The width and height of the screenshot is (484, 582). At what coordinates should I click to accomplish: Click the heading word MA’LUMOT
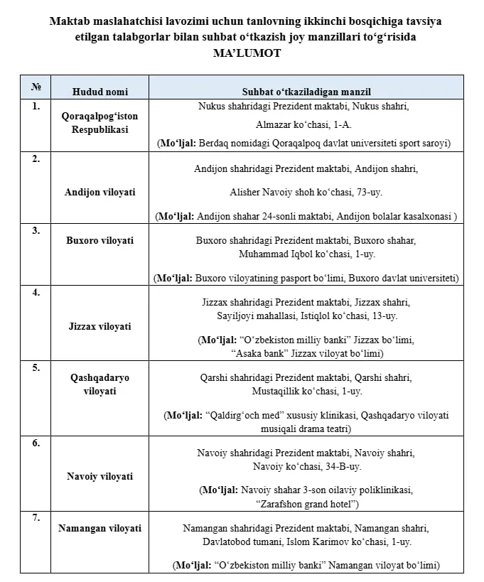coord(245,53)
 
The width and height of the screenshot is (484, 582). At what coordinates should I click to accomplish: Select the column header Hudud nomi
coord(100,92)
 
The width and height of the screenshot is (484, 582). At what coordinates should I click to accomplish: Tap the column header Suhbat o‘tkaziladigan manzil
coord(306,92)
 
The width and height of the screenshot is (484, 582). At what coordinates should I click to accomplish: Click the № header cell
coord(36,87)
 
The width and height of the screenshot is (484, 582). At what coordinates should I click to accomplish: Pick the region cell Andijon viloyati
coord(100,192)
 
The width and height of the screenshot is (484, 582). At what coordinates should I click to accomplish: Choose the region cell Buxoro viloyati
coord(100,240)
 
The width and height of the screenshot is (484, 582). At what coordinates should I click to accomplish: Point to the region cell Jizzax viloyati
coord(100,326)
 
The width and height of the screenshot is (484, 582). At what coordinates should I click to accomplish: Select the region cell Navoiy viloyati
coord(100,476)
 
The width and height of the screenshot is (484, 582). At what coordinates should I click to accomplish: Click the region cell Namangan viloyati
coord(100,528)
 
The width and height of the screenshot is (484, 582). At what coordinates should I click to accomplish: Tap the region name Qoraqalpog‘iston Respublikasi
coord(100,123)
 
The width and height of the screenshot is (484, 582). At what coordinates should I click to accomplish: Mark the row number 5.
coord(36,368)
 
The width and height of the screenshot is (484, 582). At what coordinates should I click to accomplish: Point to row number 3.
coord(36,231)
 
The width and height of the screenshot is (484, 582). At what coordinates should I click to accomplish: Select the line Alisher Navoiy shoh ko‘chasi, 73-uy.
coord(306,192)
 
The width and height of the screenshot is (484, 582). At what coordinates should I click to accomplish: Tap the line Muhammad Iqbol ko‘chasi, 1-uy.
coord(306,254)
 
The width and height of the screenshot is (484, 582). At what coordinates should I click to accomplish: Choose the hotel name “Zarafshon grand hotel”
coord(306,504)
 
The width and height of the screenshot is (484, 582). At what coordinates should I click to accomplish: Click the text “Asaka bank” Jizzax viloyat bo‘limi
coord(306,353)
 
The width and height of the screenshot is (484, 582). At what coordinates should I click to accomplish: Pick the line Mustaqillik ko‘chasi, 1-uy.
coord(306,391)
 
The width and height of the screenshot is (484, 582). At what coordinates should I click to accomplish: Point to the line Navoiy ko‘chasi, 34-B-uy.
coord(306,466)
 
